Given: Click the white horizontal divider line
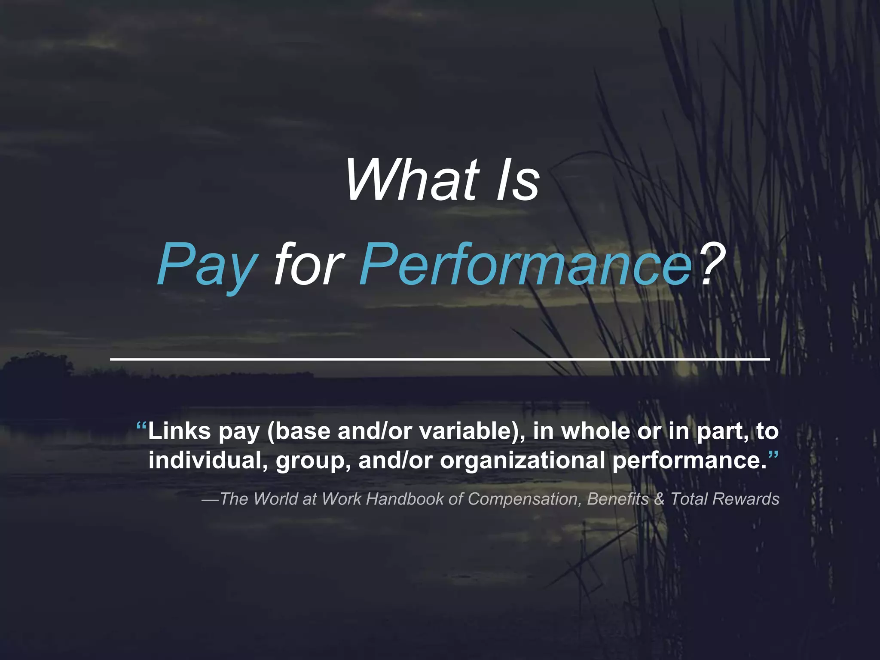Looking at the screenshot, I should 440,358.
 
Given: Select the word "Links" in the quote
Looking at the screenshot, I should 180,431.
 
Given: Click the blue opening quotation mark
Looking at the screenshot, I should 141,427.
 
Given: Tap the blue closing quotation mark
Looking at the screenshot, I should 773,455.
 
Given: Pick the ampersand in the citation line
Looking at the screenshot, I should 659,499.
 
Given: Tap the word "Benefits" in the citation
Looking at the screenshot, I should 617,499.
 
